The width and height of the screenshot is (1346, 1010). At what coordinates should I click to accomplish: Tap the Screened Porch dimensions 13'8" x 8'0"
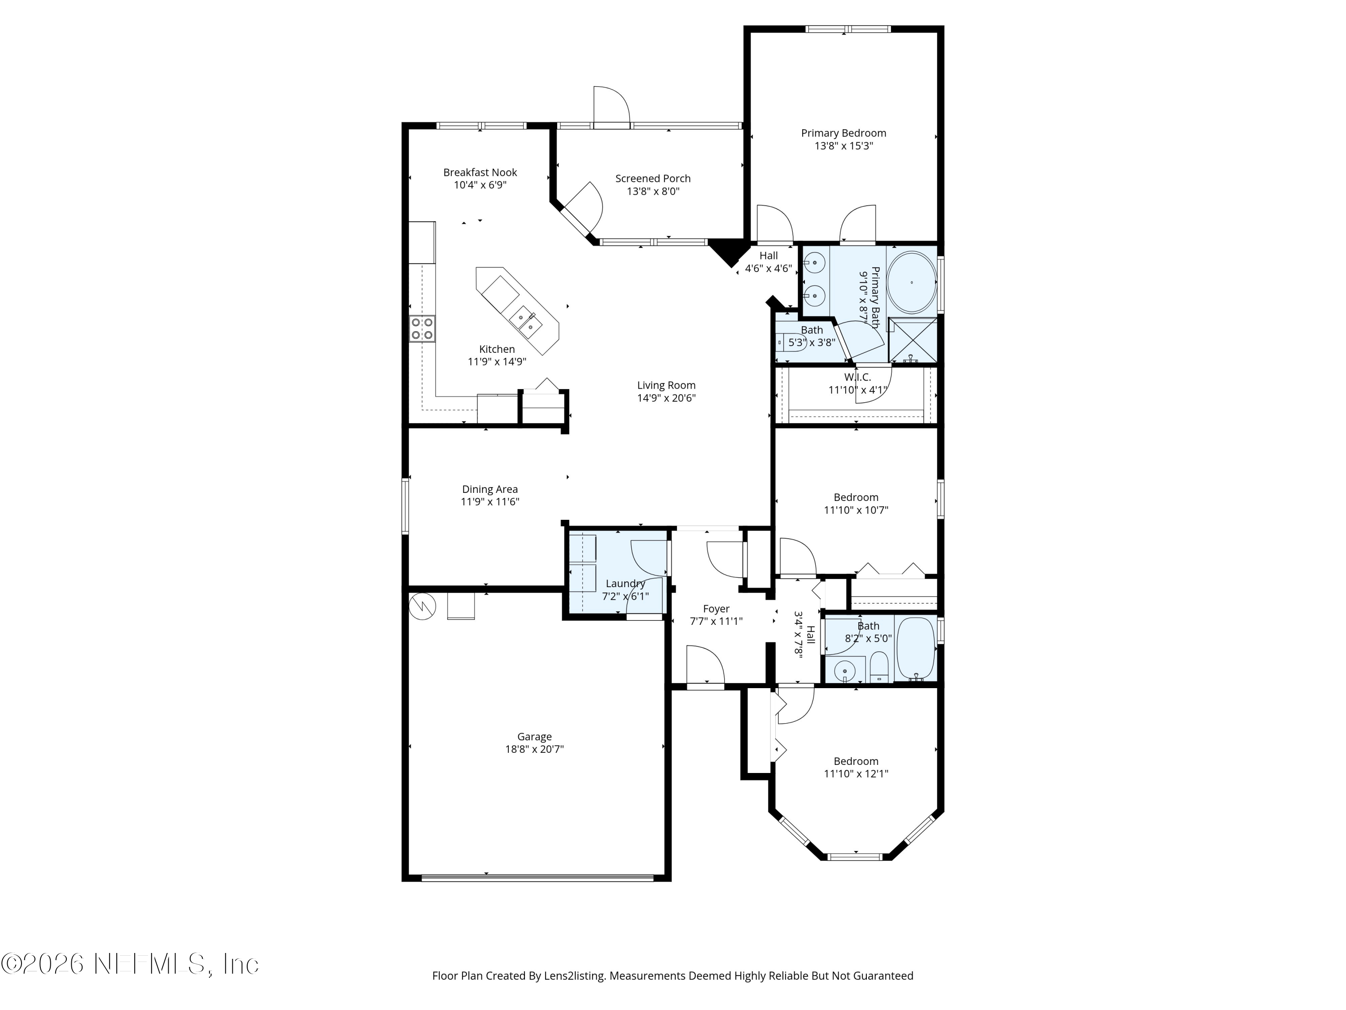[652, 191]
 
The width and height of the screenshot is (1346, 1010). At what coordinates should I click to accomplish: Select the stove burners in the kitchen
[422, 329]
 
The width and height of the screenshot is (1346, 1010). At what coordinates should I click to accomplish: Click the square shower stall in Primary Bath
[912, 340]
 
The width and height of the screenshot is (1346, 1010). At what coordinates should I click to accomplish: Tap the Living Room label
[666, 385]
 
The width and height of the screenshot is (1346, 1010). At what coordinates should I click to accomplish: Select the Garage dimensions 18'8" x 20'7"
[534, 749]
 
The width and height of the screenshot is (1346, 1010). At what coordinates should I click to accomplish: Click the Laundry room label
[625, 583]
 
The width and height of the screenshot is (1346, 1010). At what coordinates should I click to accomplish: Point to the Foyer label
[716, 608]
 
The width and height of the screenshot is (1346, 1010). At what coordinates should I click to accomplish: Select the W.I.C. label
[857, 377]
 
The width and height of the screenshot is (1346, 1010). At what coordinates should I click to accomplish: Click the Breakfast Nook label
[480, 172]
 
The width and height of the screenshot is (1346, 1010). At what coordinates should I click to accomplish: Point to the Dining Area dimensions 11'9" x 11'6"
[490, 502]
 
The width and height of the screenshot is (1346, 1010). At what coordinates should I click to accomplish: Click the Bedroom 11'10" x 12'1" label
[856, 761]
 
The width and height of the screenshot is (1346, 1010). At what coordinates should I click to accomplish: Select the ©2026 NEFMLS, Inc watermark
[130, 964]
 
